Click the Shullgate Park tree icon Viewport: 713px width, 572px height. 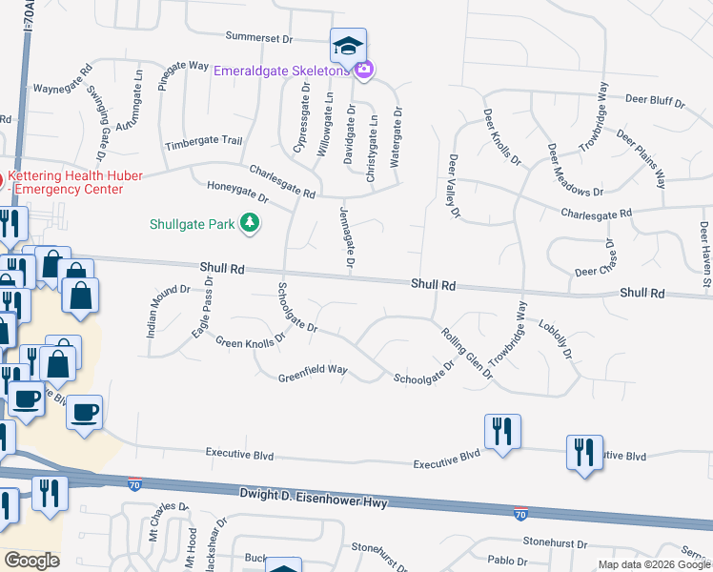[250, 223]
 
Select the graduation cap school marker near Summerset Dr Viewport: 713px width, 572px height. [349, 46]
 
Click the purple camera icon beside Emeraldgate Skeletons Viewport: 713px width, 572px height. [363, 70]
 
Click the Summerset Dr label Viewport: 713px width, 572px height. [258, 37]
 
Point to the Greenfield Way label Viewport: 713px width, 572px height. [312, 378]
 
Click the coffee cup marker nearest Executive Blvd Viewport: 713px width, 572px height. [85, 413]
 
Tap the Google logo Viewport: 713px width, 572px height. [32, 561]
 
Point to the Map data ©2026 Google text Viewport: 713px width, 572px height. [653, 564]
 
